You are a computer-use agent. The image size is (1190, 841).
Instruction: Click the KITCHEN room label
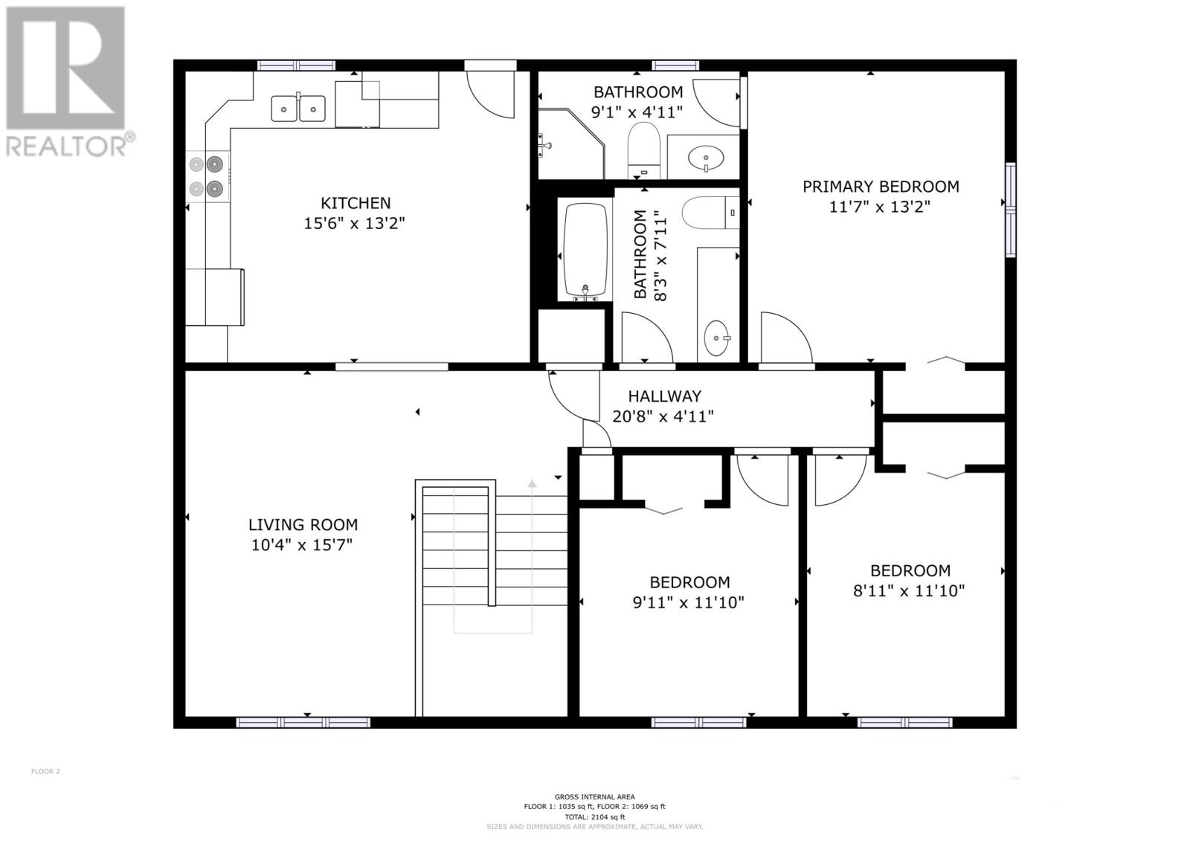point(355,203)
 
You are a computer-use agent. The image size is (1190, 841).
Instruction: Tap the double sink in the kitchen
point(298,109)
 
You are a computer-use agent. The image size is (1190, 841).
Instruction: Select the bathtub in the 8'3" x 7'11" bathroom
point(585,251)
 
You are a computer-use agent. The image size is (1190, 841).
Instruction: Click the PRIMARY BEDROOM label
point(880,187)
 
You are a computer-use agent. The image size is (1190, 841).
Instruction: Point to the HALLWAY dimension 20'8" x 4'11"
point(663,416)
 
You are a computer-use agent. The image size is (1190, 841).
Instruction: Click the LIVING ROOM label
point(303,525)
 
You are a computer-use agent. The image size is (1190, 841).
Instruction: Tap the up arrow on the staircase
point(532,484)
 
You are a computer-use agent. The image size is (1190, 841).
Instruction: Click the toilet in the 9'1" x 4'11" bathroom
point(644,147)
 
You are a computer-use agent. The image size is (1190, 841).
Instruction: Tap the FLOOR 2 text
point(45,771)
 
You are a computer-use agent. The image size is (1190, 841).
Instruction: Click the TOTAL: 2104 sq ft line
point(594,816)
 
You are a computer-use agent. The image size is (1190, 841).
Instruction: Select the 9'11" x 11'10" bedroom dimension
point(688,602)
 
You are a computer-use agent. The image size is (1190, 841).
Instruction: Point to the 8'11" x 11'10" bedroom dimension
point(909,591)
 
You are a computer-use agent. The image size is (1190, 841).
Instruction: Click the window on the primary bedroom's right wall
point(1010,210)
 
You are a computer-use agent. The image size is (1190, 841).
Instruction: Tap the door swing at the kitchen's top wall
point(492,91)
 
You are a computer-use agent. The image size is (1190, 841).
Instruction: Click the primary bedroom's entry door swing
point(785,339)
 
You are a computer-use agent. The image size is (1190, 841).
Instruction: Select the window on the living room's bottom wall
point(303,722)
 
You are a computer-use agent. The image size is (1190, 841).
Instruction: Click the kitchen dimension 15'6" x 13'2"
point(354,223)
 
